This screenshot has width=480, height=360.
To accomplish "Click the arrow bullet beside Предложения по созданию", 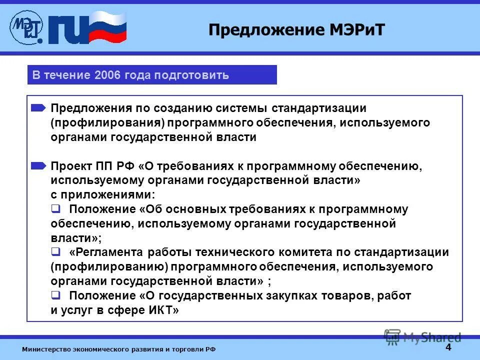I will pyautogui.click(x=38, y=108).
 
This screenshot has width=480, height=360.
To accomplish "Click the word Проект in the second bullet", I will pyautogui.click(x=70, y=166).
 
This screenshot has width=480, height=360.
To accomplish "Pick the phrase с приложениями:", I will pyautogui.click(x=102, y=195).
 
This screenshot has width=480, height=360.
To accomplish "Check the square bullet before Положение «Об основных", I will pyautogui.click(x=56, y=208).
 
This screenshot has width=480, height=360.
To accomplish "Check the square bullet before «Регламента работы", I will pyautogui.click(x=56, y=252).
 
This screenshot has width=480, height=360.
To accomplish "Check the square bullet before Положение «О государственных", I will pyautogui.click(x=56, y=295).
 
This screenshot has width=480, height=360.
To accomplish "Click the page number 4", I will pyautogui.click(x=448, y=347).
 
